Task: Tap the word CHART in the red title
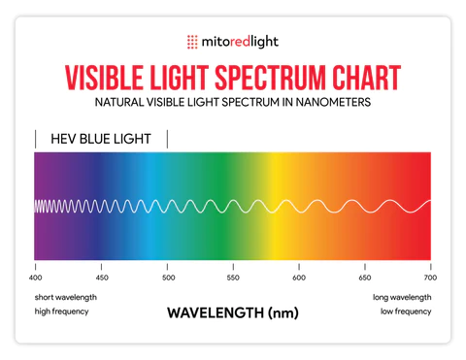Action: pyautogui.click(x=365, y=76)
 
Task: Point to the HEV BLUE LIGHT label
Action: pyautogui.click(x=101, y=139)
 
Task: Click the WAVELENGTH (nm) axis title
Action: pyautogui.click(x=233, y=313)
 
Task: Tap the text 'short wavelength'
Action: pyautogui.click(x=66, y=297)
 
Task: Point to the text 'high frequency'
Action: pyautogui.click(x=62, y=311)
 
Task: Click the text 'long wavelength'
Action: pyautogui.click(x=401, y=297)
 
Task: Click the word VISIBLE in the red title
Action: pyautogui.click(x=101, y=76)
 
